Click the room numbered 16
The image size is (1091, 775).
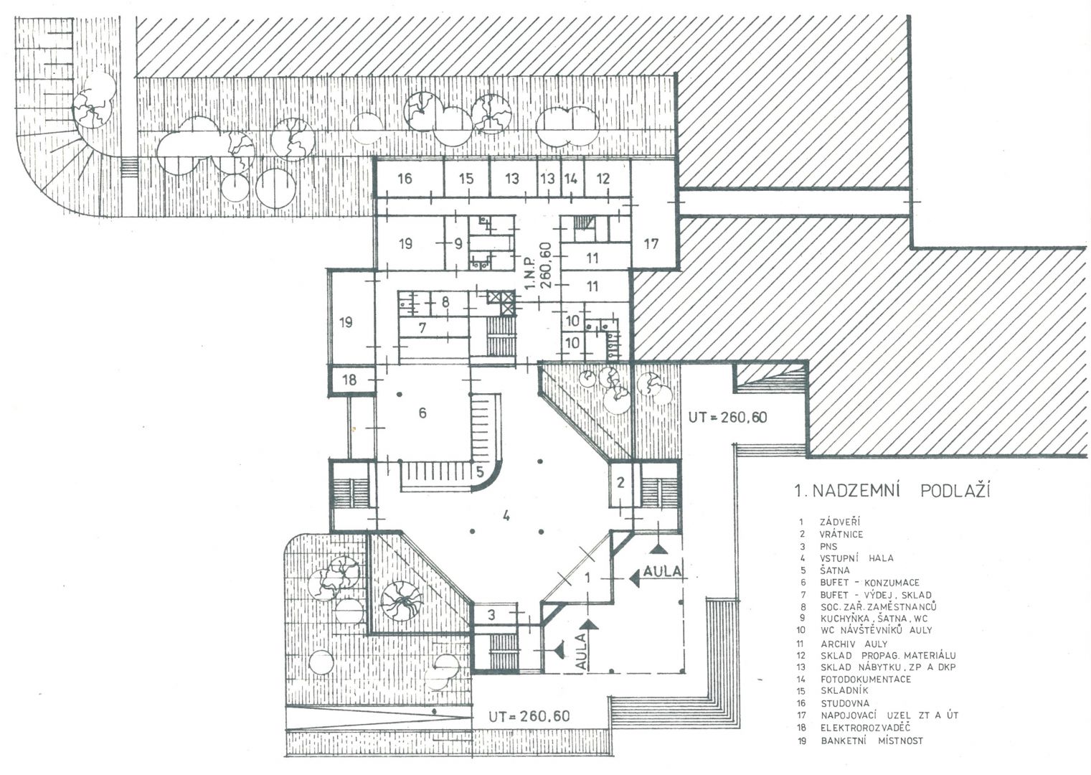(x=405, y=178)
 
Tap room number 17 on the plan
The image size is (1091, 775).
(x=651, y=243)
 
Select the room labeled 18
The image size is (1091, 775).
(x=349, y=380)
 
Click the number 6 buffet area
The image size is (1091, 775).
(x=422, y=413)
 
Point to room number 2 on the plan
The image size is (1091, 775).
(x=620, y=483)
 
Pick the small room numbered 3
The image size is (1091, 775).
(x=491, y=615)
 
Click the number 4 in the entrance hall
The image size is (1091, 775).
(x=506, y=515)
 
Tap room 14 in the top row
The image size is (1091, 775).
(x=570, y=179)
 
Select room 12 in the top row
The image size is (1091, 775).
(x=603, y=179)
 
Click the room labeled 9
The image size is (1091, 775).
(x=458, y=243)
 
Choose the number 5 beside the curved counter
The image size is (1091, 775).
(x=480, y=471)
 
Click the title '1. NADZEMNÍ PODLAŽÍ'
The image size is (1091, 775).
(x=892, y=491)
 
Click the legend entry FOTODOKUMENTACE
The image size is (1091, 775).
(x=866, y=679)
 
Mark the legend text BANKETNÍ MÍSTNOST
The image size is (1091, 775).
(x=872, y=741)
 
